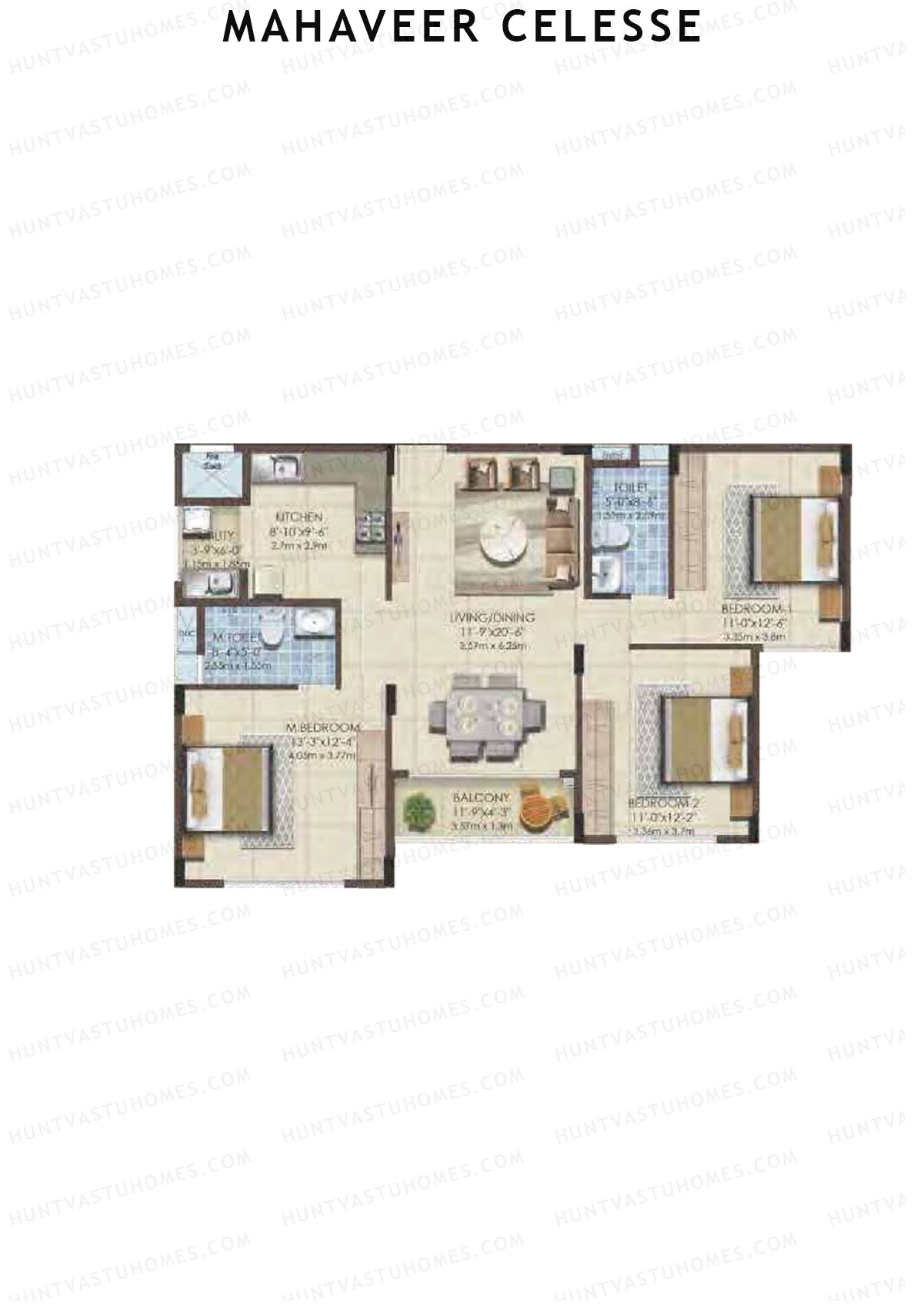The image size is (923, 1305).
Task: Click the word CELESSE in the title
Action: pyautogui.click(x=601, y=26)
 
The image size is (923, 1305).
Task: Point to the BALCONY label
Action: pyautogui.click(x=481, y=798)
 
